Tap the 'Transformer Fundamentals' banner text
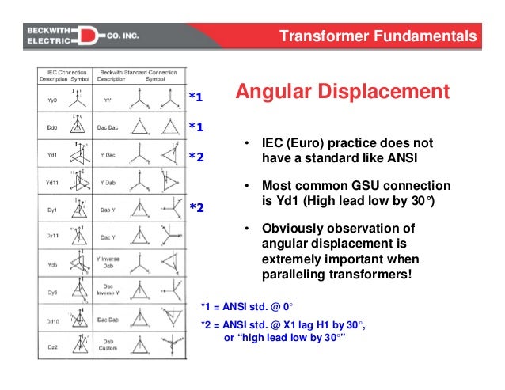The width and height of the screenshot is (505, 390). point(380,36)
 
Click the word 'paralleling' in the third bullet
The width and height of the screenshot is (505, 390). point(298,275)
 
